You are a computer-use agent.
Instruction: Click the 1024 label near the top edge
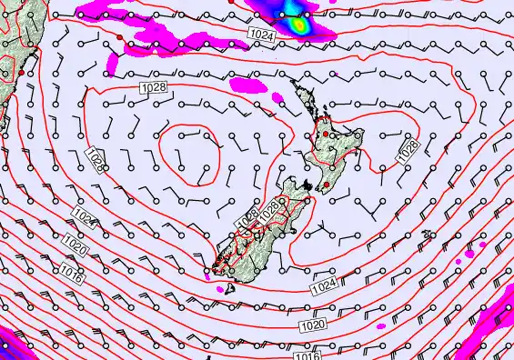point(261,33)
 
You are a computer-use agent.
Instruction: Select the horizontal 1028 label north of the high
point(152,87)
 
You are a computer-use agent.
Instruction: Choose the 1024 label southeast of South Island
point(324,288)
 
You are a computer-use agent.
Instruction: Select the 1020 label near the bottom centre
point(312,325)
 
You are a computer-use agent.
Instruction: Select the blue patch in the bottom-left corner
point(7,346)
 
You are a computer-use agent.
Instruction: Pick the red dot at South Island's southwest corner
point(215,266)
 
